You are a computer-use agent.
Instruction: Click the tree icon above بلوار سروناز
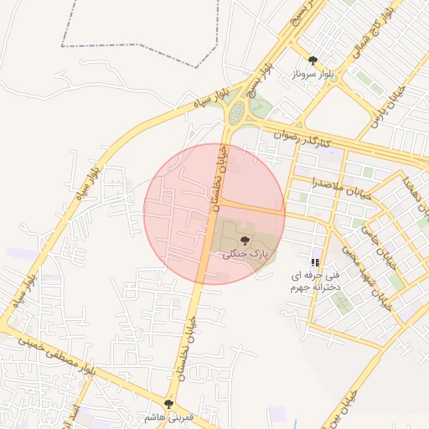point(313,60)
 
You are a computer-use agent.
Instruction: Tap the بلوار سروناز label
point(313,74)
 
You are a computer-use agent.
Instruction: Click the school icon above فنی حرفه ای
point(315,262)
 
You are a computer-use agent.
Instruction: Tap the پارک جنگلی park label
point(245,253)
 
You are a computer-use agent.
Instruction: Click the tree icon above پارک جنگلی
point(245,240)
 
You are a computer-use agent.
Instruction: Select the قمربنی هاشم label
point(169,416)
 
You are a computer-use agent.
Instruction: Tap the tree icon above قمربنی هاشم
point(169,404)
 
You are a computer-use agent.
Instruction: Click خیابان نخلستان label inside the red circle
point(219,176)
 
